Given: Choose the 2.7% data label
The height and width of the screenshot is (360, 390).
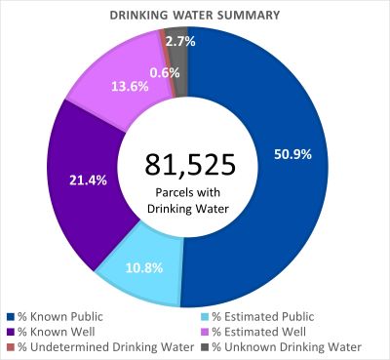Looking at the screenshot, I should tap(179, 41).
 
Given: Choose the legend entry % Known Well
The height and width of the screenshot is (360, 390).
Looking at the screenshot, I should tap(55, 330).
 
